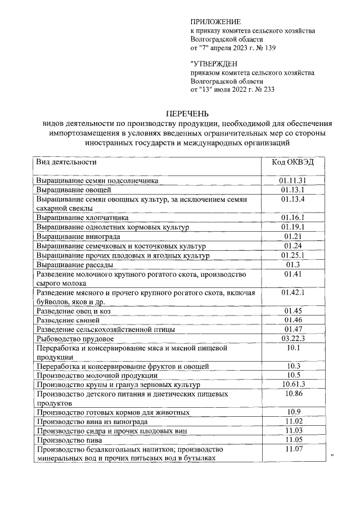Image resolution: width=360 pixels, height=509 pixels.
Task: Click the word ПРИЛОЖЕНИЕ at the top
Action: [215, 21]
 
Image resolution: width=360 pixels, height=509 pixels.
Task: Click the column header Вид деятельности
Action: [66, 162]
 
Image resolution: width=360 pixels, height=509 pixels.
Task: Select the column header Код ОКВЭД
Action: [294, 162]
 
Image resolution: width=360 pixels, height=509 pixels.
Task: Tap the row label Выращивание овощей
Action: [69, 190]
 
